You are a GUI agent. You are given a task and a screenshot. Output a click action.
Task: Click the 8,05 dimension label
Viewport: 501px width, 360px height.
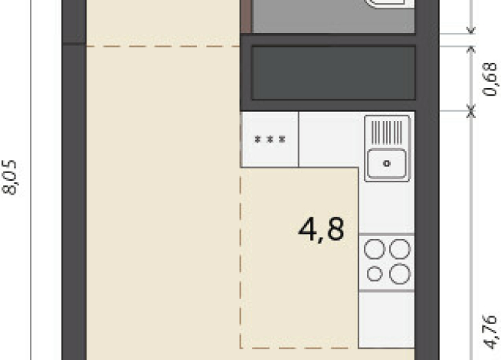coord(10,177)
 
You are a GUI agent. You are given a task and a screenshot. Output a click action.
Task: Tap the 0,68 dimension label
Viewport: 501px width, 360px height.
coord(490,79)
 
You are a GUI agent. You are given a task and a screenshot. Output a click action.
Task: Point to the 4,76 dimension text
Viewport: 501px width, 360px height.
coord(491,332)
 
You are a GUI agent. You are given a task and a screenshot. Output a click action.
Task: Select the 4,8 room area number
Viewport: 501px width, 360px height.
coord(321,230)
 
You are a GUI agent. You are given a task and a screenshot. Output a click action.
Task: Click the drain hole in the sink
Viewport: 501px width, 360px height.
coord(387,164)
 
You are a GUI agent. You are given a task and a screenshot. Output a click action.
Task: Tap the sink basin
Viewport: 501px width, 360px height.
coord(387,164)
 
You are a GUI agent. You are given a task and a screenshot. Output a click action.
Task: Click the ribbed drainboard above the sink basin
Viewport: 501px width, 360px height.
coord(387,133)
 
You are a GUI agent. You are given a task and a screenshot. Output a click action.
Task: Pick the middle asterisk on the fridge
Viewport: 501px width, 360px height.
coord(270,139)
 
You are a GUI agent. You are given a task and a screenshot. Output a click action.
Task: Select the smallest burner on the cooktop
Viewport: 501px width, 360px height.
coord(375,274)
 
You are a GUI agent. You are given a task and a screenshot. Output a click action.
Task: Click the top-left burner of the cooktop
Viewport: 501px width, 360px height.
coord(375,249)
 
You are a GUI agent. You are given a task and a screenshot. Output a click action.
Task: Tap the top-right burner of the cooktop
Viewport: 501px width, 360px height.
coord(400,249)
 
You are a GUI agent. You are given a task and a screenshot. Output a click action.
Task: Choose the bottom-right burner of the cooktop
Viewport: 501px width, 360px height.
coord(400,274)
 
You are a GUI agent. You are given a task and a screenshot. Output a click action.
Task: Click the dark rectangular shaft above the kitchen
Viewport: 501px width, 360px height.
coord(333,73)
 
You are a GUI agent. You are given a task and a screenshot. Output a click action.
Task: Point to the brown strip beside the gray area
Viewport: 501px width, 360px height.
coord(246,16)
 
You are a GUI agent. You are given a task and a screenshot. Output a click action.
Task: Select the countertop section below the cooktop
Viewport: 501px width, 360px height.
coord(387,319)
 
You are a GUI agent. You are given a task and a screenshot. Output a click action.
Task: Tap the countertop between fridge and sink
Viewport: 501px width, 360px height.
coord(331,139)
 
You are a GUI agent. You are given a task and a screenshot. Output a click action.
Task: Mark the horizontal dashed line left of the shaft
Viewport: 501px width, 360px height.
coord(163,47)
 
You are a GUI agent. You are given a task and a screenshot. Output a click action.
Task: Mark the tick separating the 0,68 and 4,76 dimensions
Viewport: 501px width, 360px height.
coord(471,112)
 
